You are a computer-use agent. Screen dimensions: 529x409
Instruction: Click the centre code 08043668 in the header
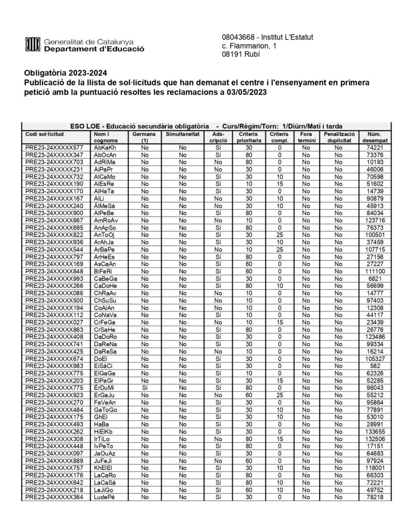pos(238,37)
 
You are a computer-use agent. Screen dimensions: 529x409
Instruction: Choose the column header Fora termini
pos(306,137)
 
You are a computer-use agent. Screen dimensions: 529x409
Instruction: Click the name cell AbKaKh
pos(105,147)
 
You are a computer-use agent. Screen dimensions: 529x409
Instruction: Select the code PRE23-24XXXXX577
pos(54,147)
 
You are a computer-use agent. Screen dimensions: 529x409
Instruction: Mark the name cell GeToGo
pos(106,410)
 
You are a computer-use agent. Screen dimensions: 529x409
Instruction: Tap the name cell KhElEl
pos(104,468)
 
